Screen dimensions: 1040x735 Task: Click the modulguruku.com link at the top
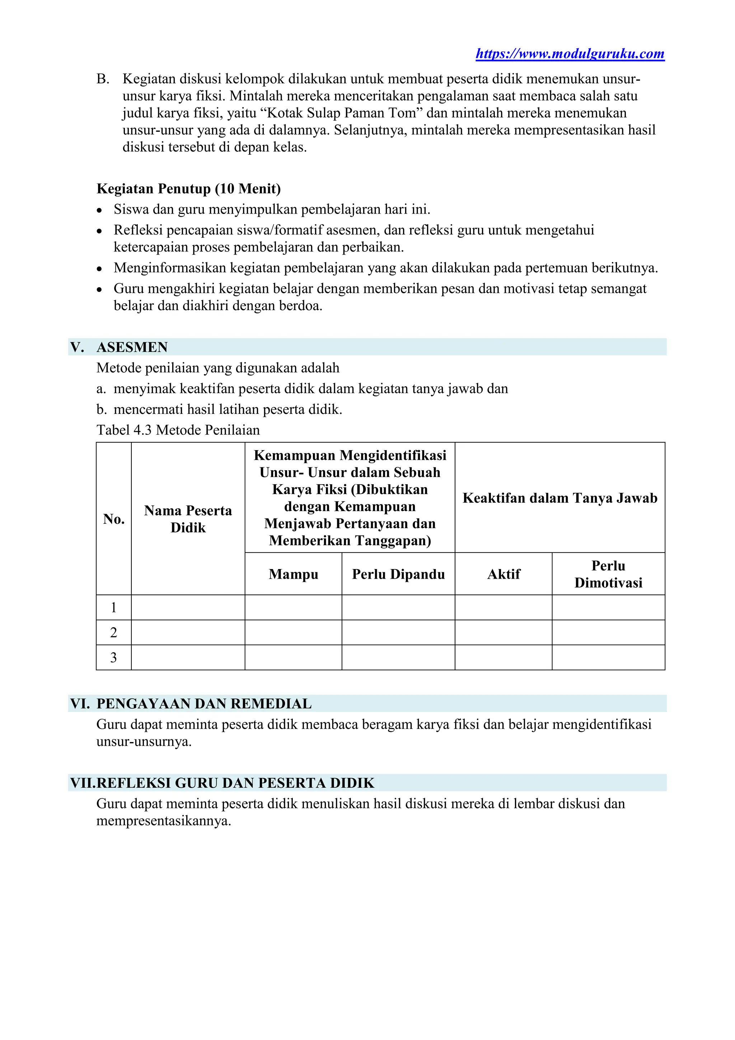pos(570,54)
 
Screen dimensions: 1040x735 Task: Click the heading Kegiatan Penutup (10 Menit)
pos(188,188)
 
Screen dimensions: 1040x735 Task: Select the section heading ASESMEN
pos(132,347)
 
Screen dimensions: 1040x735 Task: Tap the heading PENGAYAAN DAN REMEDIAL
pos(204,704)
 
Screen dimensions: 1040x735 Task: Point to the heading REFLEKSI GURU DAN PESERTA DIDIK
pos(235,783)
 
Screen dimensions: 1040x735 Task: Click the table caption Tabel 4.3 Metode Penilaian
pos(178,430)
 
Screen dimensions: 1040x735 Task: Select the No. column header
pos(114,519)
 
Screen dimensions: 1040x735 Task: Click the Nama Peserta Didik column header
pos(188,519)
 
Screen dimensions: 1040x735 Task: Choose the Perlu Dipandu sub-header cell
pos(398,574)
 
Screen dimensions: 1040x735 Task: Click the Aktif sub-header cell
pos(503,574)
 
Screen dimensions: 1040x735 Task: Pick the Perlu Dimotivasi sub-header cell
pos(608,574)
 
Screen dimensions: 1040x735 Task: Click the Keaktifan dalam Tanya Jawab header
pos(560,498)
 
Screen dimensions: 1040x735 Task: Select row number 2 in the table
pos(114,632)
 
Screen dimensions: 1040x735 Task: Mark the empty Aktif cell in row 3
pos(503,657)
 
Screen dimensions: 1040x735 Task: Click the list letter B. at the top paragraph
pos(103,79)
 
